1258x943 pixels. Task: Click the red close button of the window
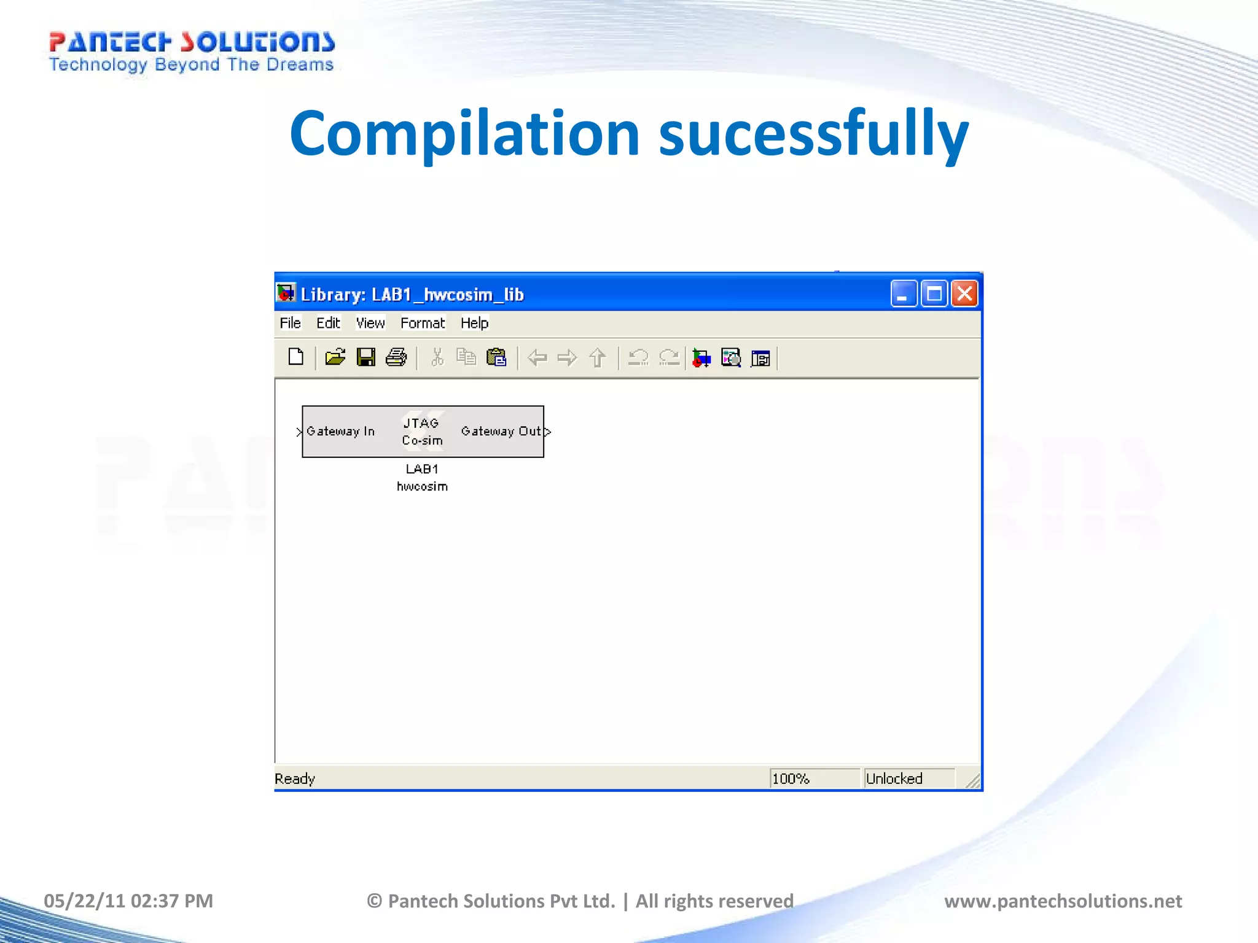coord(964,294)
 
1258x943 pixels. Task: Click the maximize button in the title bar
coord(934,294)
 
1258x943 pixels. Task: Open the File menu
coord(290,323)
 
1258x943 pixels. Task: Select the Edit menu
coord(328,323)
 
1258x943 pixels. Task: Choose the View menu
coord(370,323)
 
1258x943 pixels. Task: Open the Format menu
coord(423,323)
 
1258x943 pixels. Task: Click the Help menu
coord(474,323)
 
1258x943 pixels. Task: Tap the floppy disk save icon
coord(366,357)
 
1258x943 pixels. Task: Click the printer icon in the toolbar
coord(396,357)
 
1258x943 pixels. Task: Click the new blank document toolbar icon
coord(296,357)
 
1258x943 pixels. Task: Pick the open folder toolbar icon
coord(335,357)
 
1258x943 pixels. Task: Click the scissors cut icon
coord(437,357)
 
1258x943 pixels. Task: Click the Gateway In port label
coord(340,432)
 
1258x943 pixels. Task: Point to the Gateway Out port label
coord(501,432)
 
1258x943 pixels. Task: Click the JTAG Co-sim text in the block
coord(422,432)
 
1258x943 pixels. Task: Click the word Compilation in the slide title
coord(465,134)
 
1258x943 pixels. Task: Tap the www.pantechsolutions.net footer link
coord(1063,901)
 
